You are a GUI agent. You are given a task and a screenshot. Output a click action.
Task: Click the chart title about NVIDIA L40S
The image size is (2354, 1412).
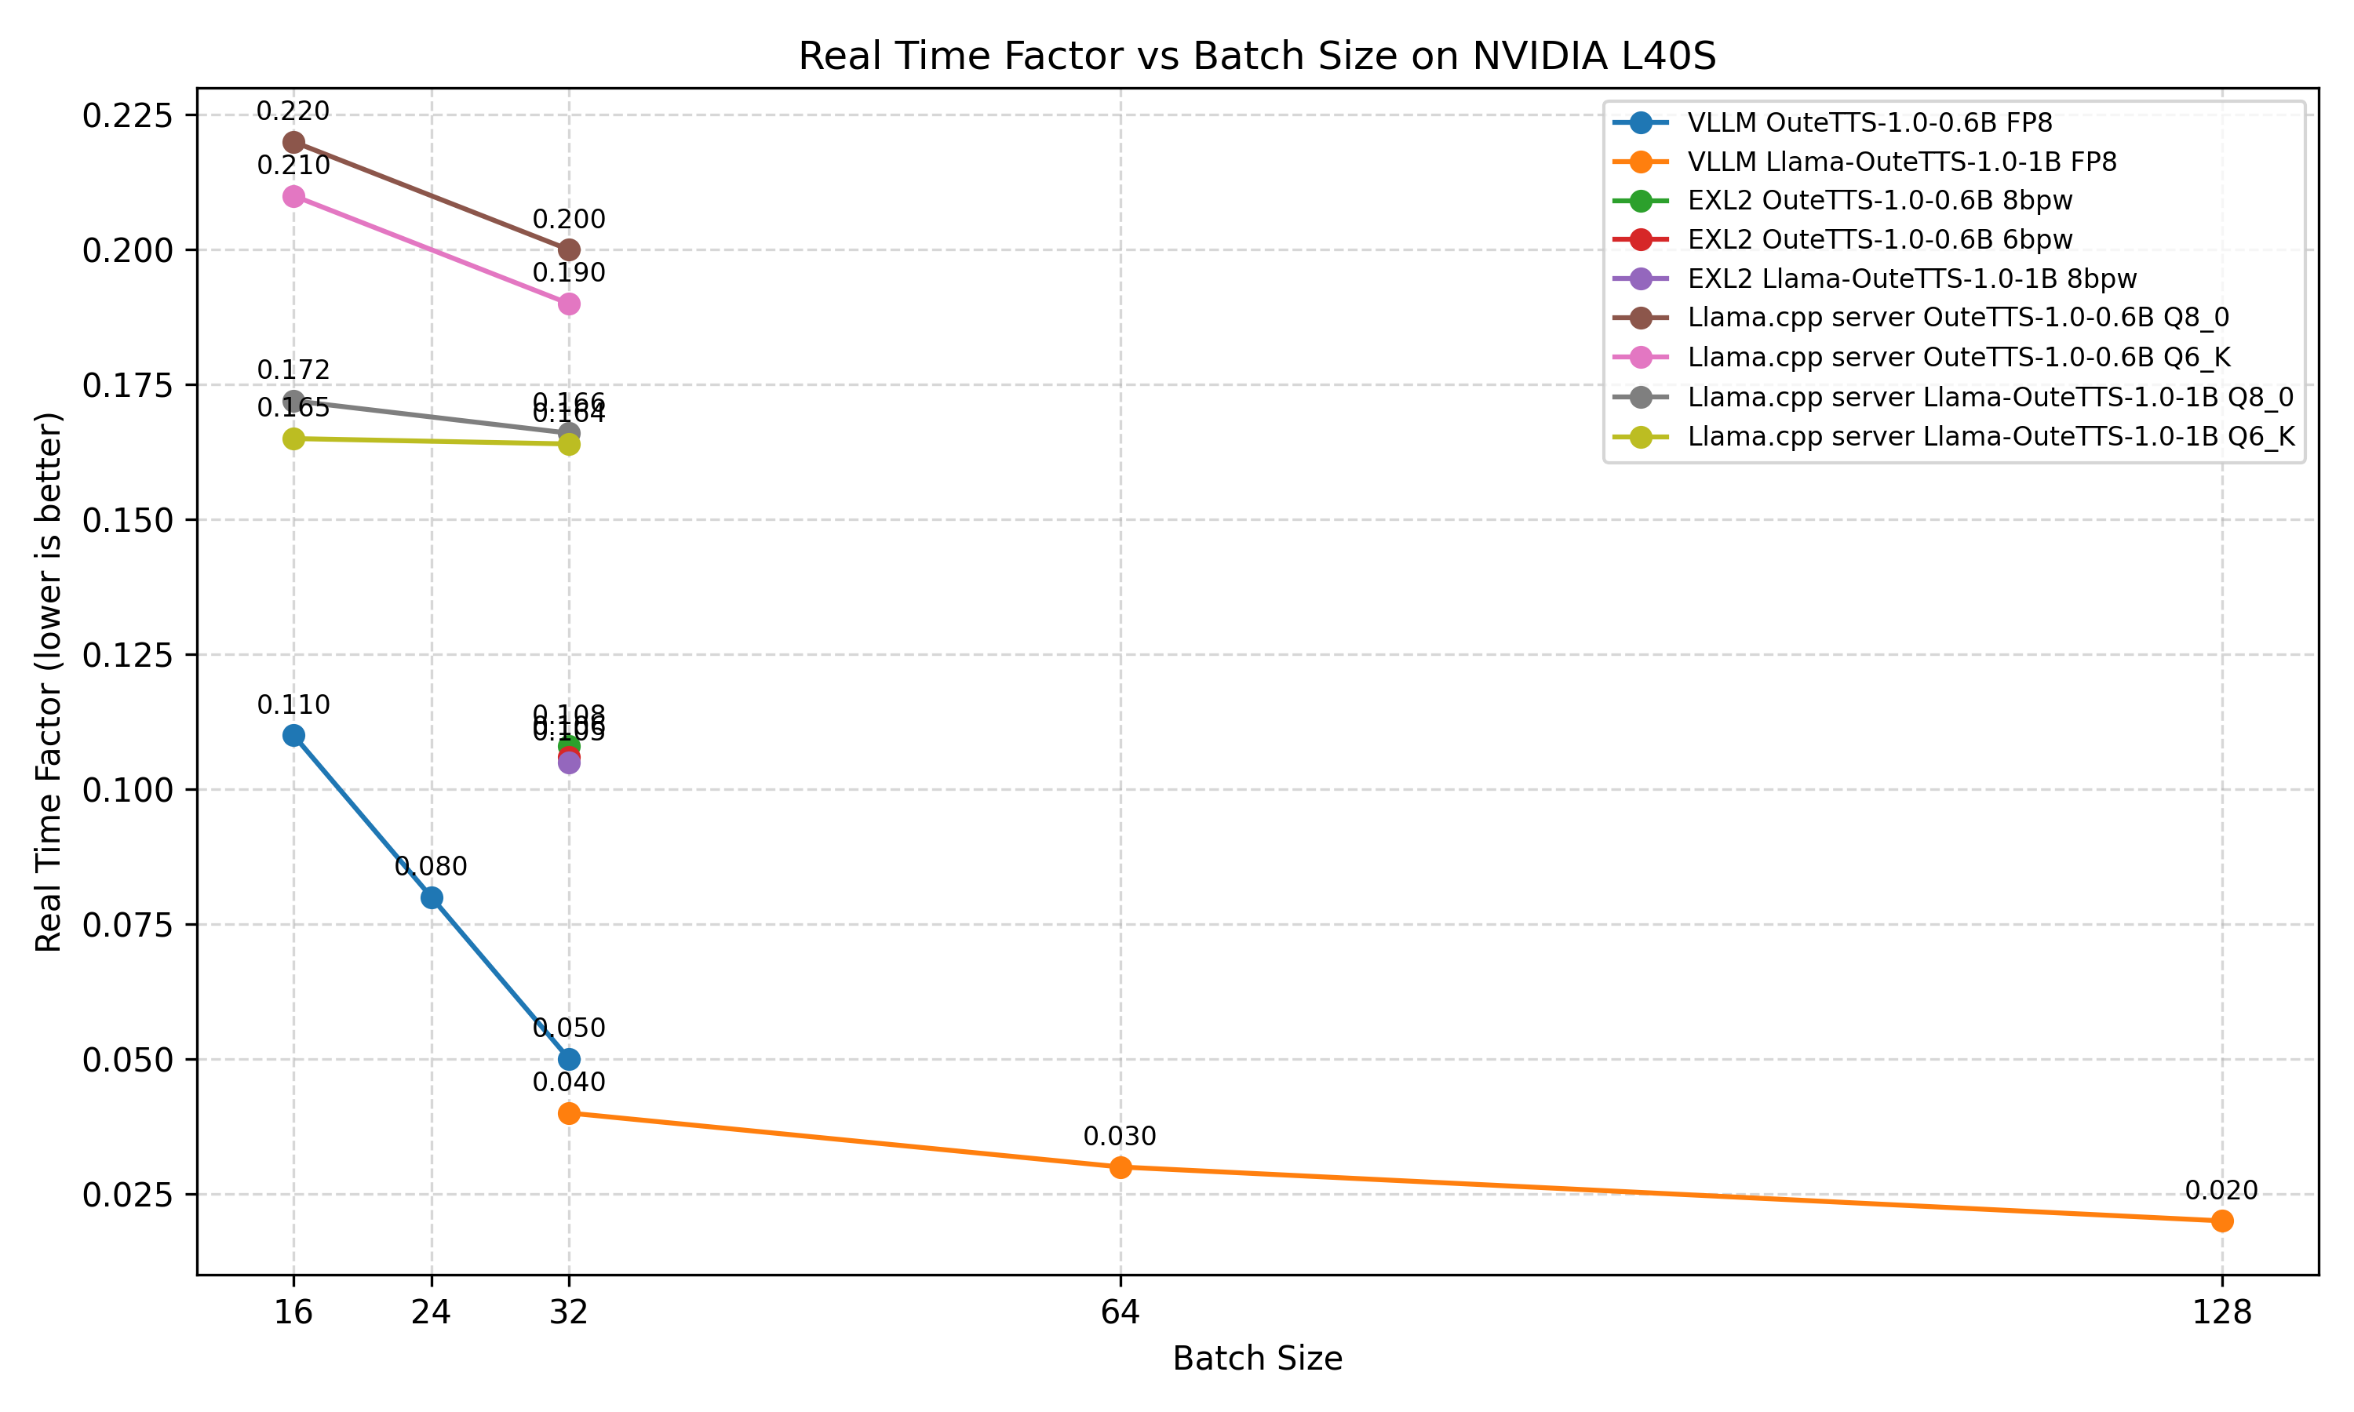coord(1257,56)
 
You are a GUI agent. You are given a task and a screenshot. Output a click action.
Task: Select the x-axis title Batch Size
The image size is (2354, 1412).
coord(1257,1358)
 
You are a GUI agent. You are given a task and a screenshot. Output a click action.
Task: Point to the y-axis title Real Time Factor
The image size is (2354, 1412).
coord(49,681)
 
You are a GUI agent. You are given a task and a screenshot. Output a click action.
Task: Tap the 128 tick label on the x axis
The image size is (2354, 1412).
coord(2221,1313)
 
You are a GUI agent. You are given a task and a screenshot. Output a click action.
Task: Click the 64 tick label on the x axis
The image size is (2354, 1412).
coord(1120,1313)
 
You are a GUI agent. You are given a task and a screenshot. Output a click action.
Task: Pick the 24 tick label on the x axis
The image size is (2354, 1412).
coord(431,1313)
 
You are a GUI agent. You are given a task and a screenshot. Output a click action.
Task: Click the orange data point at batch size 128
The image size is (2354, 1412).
coord(2221,1221)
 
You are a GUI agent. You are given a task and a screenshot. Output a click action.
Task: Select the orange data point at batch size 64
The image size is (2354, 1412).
coord(1121,1167)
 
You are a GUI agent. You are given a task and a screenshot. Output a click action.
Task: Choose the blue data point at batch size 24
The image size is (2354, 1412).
coord(431,897)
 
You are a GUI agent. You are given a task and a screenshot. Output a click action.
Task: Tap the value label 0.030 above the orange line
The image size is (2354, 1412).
coord(1120,1136)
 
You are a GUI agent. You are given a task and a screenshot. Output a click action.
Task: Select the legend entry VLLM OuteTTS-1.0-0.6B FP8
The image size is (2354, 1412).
coord(1869,122)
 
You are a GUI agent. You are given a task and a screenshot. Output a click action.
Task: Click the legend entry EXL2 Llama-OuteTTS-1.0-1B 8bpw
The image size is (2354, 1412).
coord(1911,278)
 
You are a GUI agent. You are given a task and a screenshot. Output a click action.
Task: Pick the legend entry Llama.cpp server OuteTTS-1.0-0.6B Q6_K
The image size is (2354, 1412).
coord(1959,357)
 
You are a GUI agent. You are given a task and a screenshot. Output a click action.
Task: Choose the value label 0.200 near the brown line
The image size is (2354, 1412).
coord(569,219)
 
